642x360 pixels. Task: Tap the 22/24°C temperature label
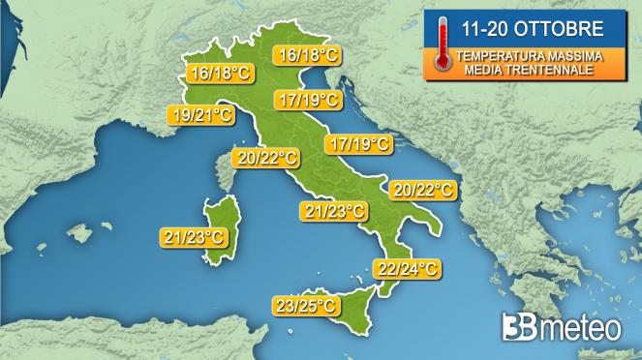(406, 268)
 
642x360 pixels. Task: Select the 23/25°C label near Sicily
(306, 306)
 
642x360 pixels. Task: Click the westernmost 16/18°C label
(222, 73)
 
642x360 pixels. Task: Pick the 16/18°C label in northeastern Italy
(306, 55)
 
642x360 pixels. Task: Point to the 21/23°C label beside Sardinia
(194, 235)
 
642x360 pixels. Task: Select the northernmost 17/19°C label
(307, 100)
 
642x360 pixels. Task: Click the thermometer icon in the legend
(443, 44)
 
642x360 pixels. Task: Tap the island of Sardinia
(219, 229)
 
